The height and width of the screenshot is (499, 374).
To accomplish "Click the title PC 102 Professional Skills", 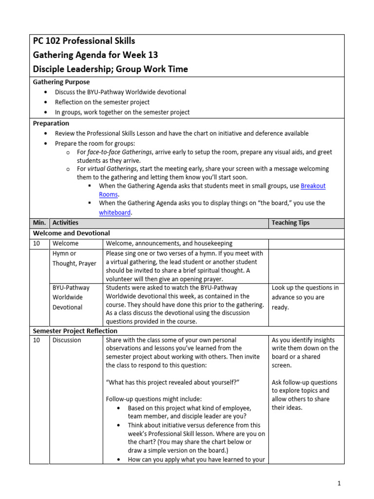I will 83,41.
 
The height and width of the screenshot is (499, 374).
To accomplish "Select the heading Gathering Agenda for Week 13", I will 95,55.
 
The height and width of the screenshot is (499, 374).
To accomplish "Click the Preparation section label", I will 51,123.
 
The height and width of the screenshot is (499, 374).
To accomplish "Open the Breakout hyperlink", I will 313,186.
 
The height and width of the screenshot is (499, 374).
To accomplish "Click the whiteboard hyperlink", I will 115,212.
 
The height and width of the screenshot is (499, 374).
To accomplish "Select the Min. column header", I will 39,223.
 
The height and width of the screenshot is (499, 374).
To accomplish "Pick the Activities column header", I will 65,223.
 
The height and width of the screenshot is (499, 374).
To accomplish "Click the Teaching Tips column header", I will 290,223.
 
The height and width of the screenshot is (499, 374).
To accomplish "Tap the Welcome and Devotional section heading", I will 71,233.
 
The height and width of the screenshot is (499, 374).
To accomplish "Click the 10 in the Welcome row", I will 37,243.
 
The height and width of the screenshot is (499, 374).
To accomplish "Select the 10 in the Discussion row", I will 37,340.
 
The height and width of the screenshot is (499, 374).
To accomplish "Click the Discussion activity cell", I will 67,340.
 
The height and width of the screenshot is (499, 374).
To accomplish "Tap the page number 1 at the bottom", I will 339,483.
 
